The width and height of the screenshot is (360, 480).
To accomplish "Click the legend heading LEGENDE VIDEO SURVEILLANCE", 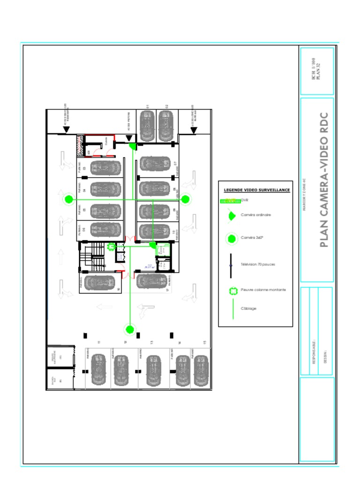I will point(256,190).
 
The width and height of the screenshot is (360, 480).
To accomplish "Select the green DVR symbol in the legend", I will point(230,201).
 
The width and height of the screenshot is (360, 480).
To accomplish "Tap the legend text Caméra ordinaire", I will point(256,215).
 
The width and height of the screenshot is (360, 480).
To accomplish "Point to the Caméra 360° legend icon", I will point(231,239).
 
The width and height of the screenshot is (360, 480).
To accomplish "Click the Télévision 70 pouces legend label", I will point(258,264).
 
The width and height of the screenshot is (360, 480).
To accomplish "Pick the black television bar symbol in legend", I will point(231,265).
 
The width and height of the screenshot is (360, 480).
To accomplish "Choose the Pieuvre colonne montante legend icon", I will point(232,291).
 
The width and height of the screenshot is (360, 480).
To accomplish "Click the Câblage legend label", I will point(248,308).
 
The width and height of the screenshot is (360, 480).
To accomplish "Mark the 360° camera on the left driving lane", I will point(68,200).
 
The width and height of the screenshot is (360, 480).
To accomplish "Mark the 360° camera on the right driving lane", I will point(185,199).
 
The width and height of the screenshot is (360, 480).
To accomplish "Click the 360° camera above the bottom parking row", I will point(130,330).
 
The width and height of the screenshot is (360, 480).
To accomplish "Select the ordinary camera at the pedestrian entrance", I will point(133,146).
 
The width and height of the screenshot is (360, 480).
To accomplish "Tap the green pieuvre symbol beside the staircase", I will point(112,247).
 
